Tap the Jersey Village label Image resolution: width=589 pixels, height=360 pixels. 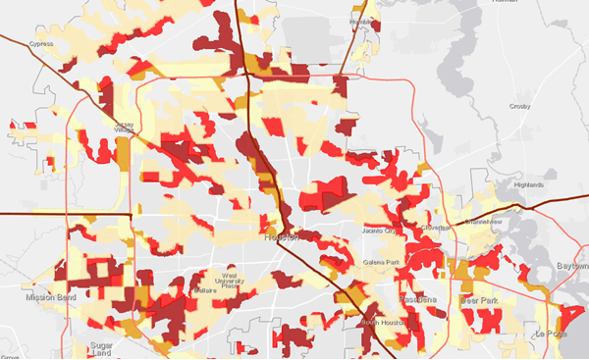click(x=123, y=127)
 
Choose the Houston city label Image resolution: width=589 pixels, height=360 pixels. click(x=282, y=237)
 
